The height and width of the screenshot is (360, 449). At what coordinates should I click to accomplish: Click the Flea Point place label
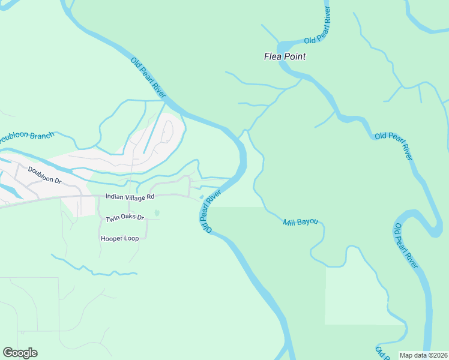pos(285,57)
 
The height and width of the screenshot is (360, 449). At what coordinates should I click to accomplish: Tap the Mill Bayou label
pos(300,223)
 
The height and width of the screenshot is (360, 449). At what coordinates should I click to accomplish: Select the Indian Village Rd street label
pos(130,196)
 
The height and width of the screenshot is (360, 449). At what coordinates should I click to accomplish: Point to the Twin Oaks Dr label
pos(125,218)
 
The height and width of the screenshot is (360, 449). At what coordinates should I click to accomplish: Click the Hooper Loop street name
pos(119,238)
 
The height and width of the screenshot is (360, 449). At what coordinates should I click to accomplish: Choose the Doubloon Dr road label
pos(45,175)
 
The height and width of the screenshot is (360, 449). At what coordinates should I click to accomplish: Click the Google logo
pos(20,353)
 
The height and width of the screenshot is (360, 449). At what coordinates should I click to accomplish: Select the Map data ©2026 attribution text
pos(423,355)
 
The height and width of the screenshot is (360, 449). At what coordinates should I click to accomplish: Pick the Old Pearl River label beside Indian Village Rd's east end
pos(211,211)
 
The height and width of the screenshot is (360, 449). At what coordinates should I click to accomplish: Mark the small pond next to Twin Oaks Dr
pos(157,212)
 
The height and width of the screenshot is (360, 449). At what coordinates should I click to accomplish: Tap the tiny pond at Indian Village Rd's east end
pos(200,197)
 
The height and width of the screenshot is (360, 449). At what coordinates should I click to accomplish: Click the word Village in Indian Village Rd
pos(134,196)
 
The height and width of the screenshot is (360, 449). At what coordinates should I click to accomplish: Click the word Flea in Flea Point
pos(273,57)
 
